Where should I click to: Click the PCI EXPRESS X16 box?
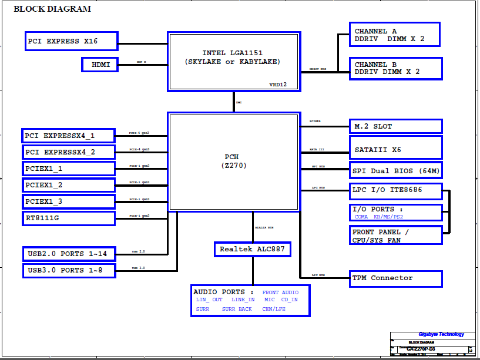click(x=71, y=41)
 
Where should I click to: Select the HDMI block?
click(x=99, y=65)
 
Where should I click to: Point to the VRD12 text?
click(x=277, y=85)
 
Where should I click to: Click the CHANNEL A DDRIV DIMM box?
click(x=396, y=35)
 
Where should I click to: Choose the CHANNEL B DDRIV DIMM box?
click(x=396, y=68)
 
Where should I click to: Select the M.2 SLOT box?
click(x=396, y=126)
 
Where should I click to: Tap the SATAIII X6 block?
click(x=396, y=150)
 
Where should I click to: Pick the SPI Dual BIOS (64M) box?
click(x=396, y=171)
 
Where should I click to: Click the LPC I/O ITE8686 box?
click(x=396, y=190)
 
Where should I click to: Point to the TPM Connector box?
click(x=396, y=278)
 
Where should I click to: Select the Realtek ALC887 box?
click(x=252, y=249)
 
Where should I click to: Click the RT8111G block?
click(x=68, y=218)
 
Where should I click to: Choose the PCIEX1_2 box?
click(x=68, y=185)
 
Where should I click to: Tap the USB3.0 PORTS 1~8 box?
click(x=68, y=270)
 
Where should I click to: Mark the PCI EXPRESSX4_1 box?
click(x=68, y=136)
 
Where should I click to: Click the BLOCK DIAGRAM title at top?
click(x=52, y=9)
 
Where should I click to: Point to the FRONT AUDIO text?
click(x=280, y=292)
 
